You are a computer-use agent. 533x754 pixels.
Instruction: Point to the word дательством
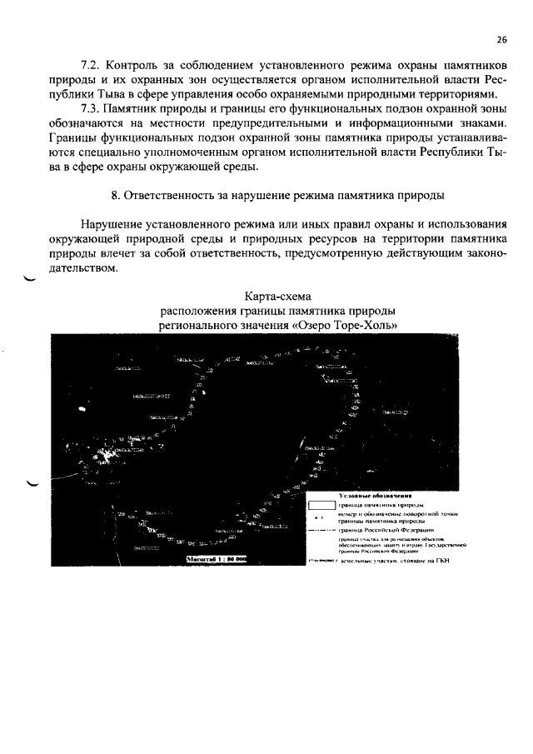[x=84, y=269]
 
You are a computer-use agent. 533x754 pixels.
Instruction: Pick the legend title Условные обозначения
[x=376, y=496]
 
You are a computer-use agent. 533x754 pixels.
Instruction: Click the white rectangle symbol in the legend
[x=321, y=505]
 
